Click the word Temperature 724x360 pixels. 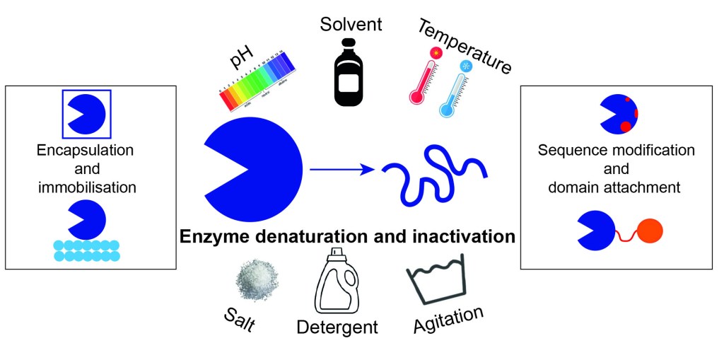click(x=464, y=46)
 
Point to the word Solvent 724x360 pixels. click(x=351, y=24)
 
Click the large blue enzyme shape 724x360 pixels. click(x=251, y=170)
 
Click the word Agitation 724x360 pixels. click(x=449, y=320)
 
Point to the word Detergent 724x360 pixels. click(x=337, y=327)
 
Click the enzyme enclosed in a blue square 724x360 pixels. click(x=86, y=113)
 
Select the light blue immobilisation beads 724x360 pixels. click(x=86, y=250)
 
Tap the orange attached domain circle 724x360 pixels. click(x=648, y=231)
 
